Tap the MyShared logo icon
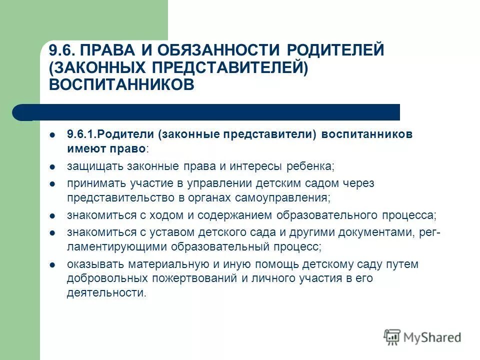click(392, 337)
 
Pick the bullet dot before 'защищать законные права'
click(52, 166)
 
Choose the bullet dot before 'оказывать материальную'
click(52, 264)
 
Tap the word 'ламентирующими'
click(117, 246)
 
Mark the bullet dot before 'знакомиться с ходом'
click(52, 215)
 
